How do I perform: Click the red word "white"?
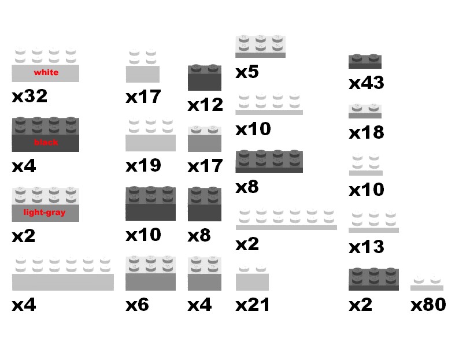coord(46,73)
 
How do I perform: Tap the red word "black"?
coord(46,142)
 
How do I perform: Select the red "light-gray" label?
coord(45,212)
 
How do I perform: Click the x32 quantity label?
coord(29,96)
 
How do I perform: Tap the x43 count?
coord(366,83)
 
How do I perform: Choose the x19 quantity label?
coord(143,165)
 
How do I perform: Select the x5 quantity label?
coord(247,72)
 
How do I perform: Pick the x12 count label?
coord(205,105)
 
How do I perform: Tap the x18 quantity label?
coord(366,132)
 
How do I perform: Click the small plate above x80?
coord(427,285)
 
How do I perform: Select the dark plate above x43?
coord(365,61)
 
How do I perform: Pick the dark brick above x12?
coord(204,78)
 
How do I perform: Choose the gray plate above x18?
coord(365,112)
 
